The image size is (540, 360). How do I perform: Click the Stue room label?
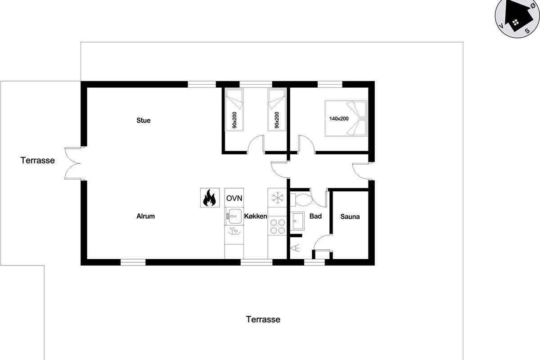coord(144,120)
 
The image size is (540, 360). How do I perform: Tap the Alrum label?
coord(146,216)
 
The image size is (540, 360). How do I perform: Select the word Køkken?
coord(256,216)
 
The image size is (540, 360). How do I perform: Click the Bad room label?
coord(315,216)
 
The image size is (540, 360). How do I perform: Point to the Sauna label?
coord(350,216)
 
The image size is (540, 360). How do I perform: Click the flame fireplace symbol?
coord(210,198)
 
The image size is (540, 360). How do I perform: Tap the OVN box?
coord(234,198)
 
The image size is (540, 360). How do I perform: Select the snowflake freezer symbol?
coord(277,198)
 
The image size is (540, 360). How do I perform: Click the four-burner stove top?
coord(277,226)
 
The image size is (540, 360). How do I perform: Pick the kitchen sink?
coord(234,216)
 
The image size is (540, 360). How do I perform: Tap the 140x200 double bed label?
coord(339,119)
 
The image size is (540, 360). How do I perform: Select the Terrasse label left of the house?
coord(38,160)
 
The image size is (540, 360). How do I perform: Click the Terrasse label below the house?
coord(263,319)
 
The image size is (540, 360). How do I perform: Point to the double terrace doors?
coord(73,163)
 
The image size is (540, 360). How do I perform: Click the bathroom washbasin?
coord(298,221)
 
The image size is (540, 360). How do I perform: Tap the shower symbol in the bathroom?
coord(295,248)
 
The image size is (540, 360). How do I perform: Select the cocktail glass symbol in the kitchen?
coord(234,231)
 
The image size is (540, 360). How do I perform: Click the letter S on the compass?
coord(527,31)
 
